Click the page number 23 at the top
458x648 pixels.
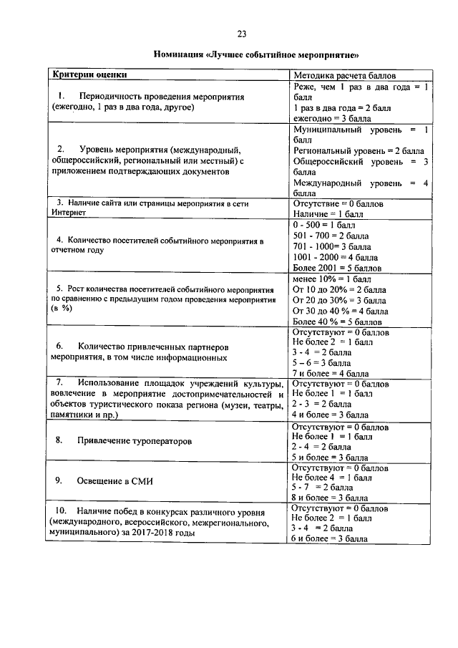coord(242,34)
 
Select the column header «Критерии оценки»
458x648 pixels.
coord(89,74)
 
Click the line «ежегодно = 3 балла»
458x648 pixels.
coord(330,117)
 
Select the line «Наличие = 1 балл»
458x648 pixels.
coord(328,213)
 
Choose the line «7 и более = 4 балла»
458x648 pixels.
coord(330,373)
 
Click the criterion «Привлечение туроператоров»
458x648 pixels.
coord(135,441)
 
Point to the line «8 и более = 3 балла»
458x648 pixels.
coord(329,497)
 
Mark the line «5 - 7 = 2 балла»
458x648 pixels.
coord(321,487)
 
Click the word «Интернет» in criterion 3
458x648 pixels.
coord(68,213)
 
